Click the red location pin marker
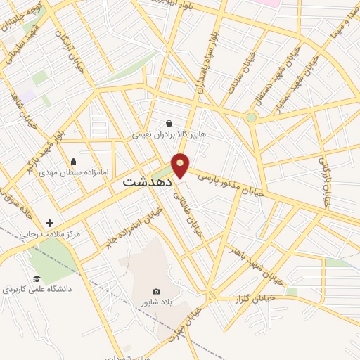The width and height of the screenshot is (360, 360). pos(181,165)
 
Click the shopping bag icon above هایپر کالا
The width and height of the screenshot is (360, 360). pos(169,122)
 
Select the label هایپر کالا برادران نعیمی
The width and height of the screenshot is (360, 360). pos(169,134)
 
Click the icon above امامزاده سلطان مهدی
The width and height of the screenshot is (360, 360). pos(74,162)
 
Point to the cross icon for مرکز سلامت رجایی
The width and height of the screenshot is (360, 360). pos(49,223)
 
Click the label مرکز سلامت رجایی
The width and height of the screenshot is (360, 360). pos(49,233)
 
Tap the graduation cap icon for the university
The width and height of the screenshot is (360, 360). pos(36,278)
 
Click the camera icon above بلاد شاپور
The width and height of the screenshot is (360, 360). pos(156,292)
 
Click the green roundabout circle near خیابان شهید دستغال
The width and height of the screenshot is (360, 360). pos(251,117)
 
